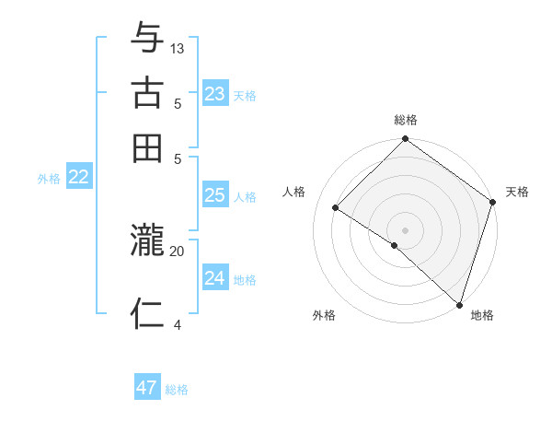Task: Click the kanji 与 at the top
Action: point(147,40)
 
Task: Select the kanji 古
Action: point(147,94)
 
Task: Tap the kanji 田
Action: point(147,147)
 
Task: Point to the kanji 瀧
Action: point(147,242)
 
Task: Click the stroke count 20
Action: point(178,250)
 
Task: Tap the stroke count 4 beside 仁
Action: point(178,323)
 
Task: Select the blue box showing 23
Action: point(214,94)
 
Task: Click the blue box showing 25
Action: point(214,195)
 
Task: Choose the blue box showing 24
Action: point(214,278)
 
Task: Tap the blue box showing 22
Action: point(78,178)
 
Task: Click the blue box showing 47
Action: point(146,388)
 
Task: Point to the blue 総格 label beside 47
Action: point(177,390)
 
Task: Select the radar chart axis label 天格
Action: point(517,192)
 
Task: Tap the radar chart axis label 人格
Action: point(294,192)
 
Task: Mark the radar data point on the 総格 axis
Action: point(405,140)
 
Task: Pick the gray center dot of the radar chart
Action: point(405,229)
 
